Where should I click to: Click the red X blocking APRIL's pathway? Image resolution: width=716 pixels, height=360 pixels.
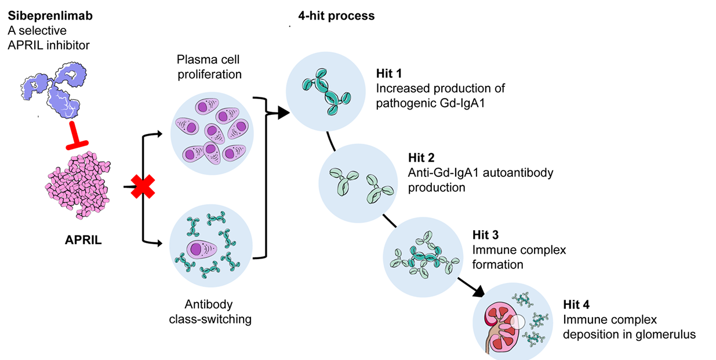pyautogui.click(x=142, y=187)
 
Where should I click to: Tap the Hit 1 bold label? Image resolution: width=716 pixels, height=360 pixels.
pyautogui.click(x=388, y=74)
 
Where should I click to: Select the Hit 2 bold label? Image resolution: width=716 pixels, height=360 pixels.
pyautogui.click(x=421, y=158)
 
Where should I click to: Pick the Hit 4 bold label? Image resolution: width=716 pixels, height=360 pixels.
pyautogui.click(x=575, y=305)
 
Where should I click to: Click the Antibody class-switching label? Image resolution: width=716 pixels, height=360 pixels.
pyautogui.click(x=210, y=311)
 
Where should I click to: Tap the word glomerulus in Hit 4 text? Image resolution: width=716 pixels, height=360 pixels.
pyautogui.click(x=663, y=334)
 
